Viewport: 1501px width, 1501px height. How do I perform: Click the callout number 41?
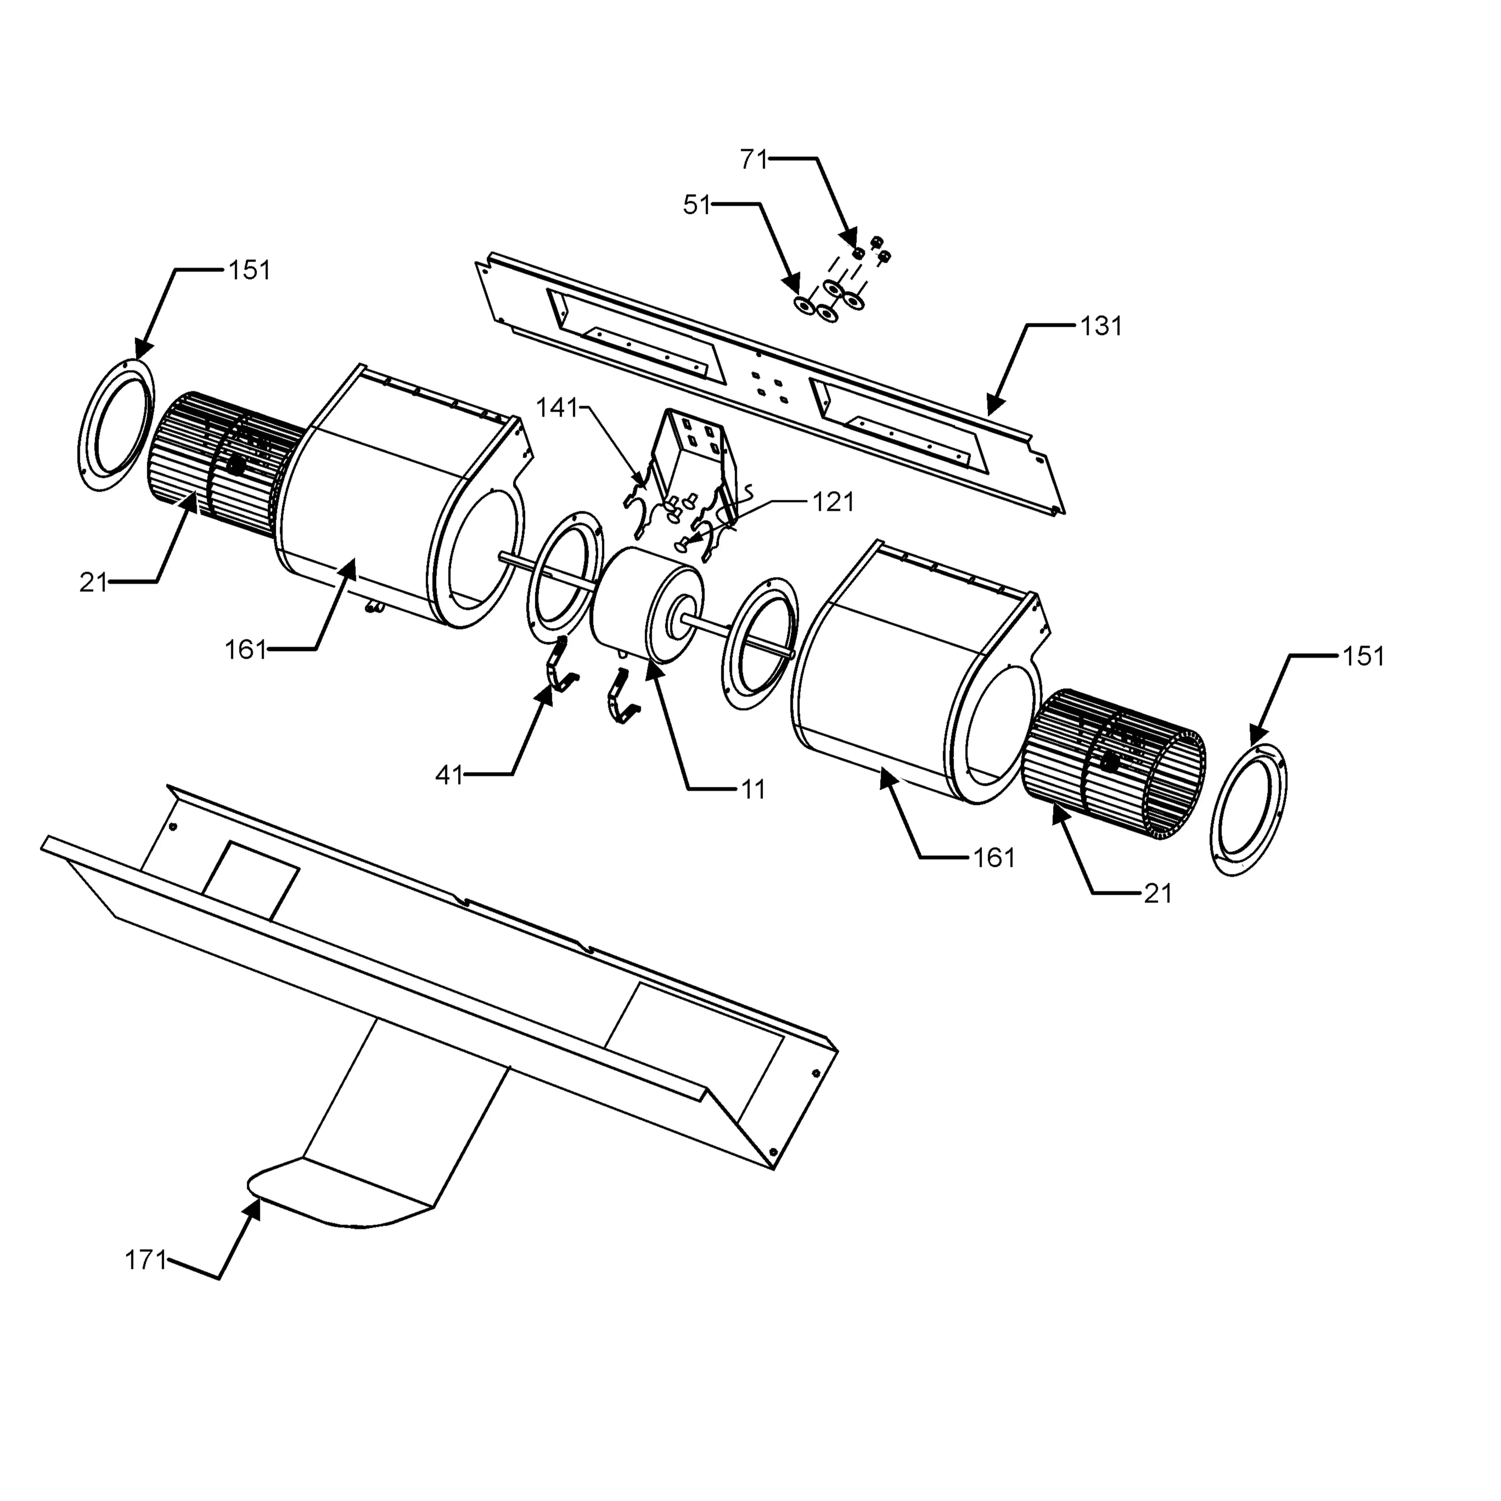(449, 775)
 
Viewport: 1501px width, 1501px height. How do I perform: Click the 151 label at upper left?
(249, 270)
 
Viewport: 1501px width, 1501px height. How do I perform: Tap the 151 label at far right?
(1364, 657)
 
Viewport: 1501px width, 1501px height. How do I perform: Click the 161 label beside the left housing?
(245, 650)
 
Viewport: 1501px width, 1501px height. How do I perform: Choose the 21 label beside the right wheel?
(1158, 894)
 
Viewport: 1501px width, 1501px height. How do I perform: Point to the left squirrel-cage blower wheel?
(218, 465)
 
